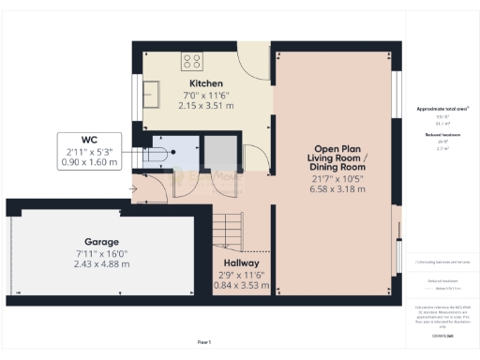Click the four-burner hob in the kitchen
192,62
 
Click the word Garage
101,240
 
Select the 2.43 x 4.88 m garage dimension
101,263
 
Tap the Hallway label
241,263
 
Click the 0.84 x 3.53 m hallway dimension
241,286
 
